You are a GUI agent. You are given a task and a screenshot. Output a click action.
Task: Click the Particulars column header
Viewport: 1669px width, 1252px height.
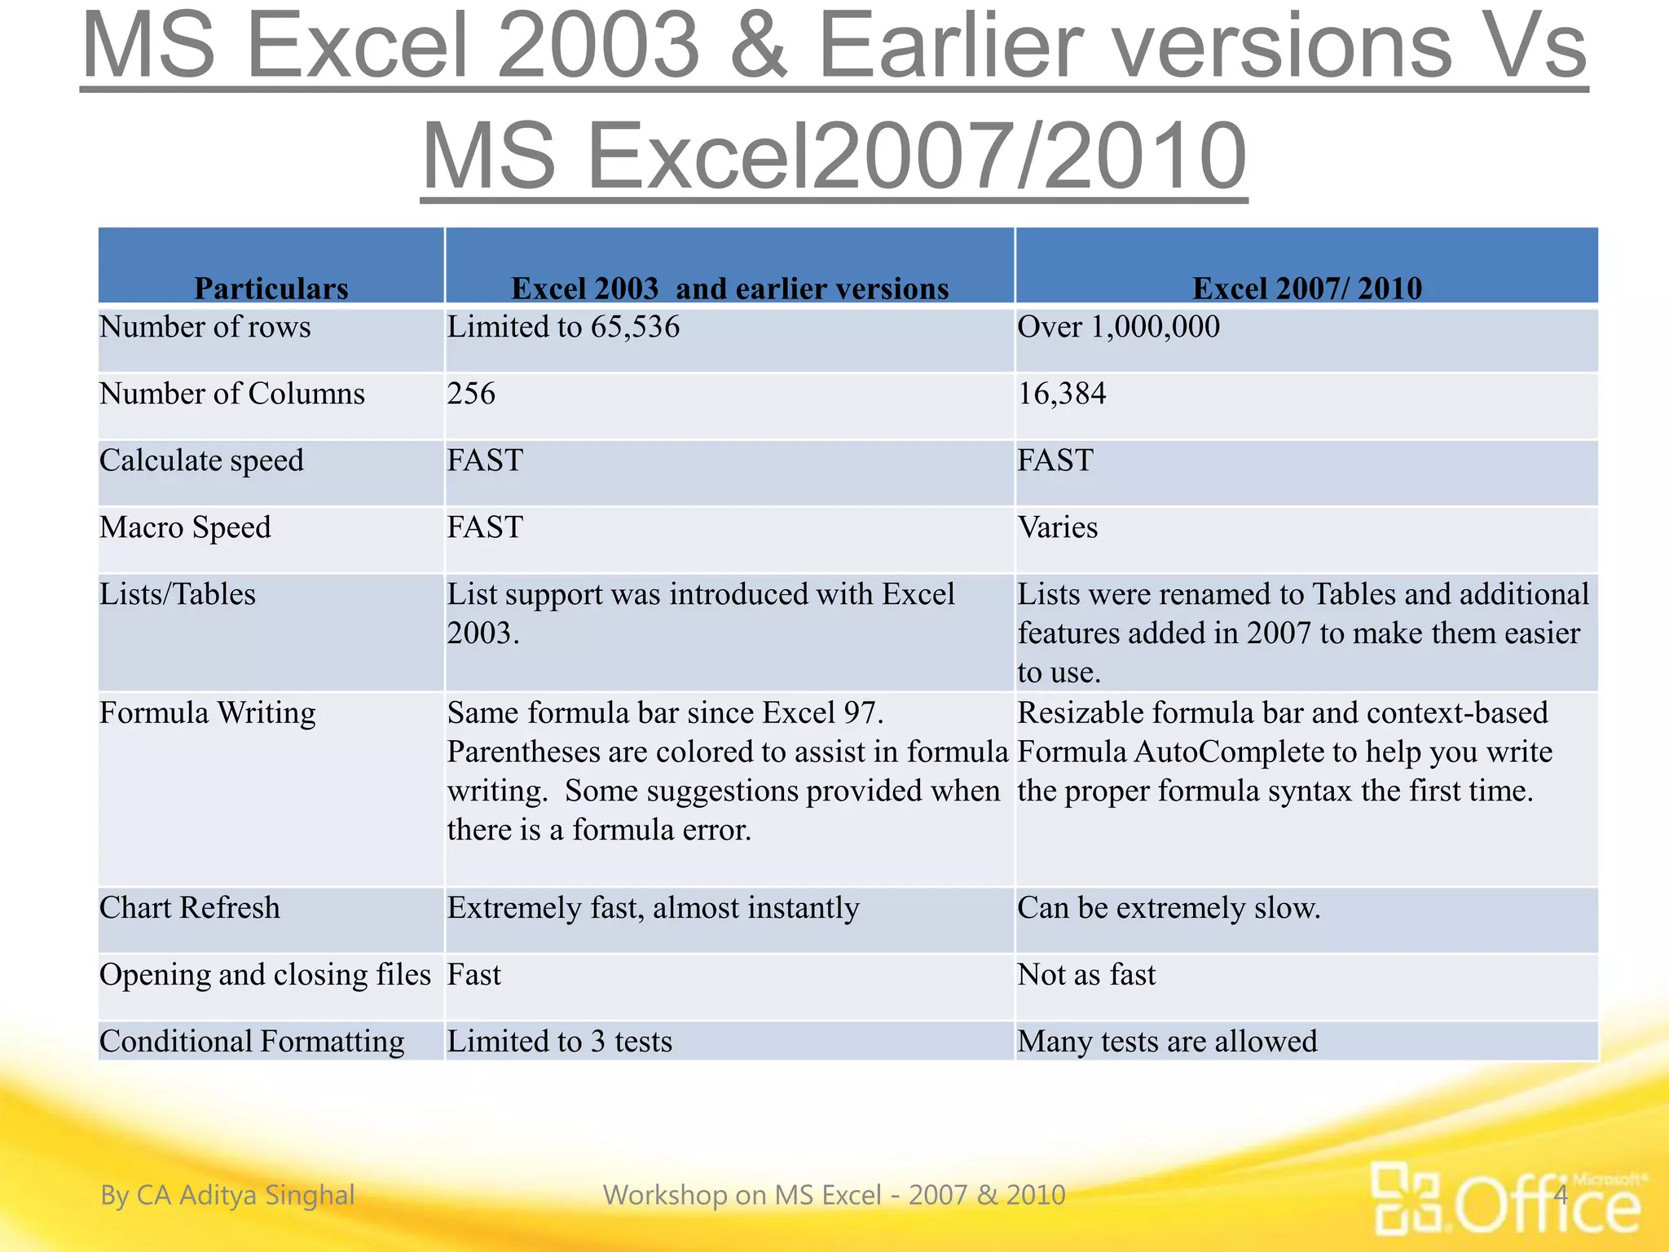coord(271,288)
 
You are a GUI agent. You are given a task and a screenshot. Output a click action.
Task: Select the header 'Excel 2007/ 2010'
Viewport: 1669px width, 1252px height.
coord(1306,288)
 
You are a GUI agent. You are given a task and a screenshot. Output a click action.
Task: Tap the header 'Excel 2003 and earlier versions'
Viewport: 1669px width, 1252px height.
coord(729,288)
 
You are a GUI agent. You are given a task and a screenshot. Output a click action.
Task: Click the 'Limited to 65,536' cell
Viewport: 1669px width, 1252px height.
coord(563,328)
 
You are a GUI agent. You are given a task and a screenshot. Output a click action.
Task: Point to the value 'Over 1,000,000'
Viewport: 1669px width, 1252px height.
coord(1118,328)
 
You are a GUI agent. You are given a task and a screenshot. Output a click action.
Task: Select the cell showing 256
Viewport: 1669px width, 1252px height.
coord(471,395)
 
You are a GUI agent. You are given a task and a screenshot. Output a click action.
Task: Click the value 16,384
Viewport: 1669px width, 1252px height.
coord(1061,395)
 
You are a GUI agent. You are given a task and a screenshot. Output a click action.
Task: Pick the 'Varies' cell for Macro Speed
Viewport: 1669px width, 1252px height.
coord(1057,528)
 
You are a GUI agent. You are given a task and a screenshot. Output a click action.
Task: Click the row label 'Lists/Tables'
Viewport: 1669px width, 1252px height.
coord(178,595)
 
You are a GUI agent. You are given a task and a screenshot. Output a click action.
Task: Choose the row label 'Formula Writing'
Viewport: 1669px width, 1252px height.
coord(207,713)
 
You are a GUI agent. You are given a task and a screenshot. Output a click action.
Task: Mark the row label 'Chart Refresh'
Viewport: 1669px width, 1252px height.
coord(189,908)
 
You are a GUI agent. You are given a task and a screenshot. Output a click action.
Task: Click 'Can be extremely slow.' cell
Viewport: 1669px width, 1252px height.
coord(1168,908)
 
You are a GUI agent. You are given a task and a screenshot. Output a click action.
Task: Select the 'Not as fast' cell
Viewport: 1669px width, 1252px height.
coord(1086,975)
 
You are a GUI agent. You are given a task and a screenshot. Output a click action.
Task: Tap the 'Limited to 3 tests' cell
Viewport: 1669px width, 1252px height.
coord(559,1042)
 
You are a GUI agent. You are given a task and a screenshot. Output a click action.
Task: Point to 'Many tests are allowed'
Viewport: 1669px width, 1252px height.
coord(1167,1042)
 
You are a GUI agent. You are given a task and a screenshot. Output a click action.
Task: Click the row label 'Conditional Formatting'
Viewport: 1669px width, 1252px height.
coord(252,1042)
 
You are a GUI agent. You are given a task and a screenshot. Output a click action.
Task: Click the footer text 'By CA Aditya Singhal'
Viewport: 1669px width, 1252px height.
coord(227,1195)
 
